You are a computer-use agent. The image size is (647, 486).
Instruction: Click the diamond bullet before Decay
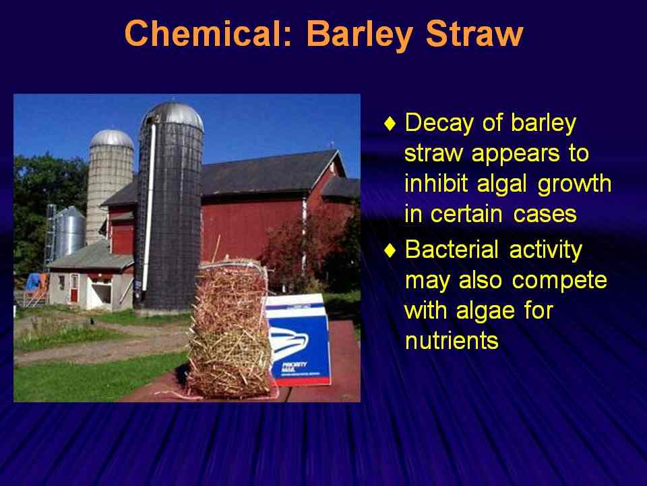pyautogui.click(x=390, y=123)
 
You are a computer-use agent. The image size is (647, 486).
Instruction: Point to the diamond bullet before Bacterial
pyautogui.click(x=390, y=250)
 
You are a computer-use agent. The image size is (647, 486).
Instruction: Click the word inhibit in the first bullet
pyautogui.click(x=437, y=183)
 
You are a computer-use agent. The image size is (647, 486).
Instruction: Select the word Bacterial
pyautogui.click(x=452, y=250)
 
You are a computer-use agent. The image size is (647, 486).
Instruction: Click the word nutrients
pyautogui.click(x=452, y=342)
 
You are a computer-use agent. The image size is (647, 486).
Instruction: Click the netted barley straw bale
pyautogui.click(x=229, y=331)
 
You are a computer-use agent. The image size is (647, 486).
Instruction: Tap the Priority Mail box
pyautogui.click(x=298, y=340)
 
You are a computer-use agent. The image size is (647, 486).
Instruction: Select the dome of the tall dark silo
pyautogui.click(x=173, y=115)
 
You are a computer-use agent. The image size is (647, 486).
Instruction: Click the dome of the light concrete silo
pyautogui.click(x=112, y=139)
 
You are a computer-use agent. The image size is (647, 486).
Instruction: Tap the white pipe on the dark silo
pyautogui.click(x=148, y=207)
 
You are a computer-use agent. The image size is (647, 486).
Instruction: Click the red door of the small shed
pyautogui.click(x=74, y=288)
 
